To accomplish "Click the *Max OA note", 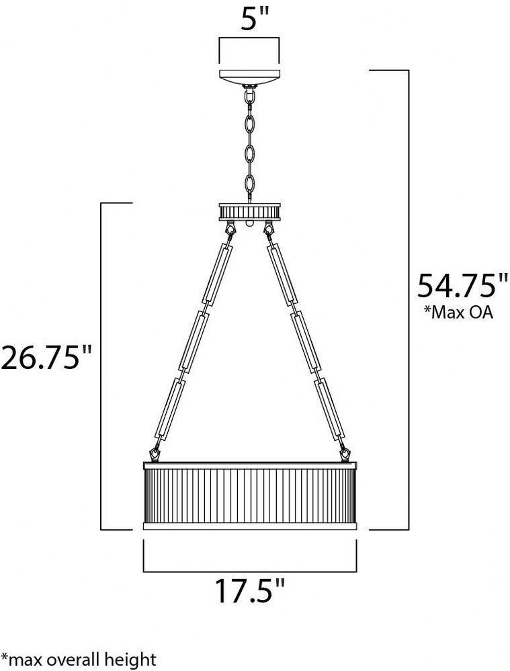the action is click(458, 313).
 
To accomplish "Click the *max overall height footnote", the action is click(79, 659).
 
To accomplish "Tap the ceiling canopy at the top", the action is click(249, 76).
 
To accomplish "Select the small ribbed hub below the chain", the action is click(249, 212).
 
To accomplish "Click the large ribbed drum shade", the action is click(249, 496).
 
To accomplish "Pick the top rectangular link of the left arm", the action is click(220, 274).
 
